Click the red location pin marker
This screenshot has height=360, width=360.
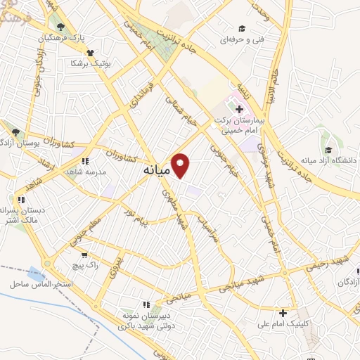[x=182, y=165]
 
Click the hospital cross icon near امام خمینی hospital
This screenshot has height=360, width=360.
[x=238, y=109]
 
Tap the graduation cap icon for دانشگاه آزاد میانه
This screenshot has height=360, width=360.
[x=328, y=149]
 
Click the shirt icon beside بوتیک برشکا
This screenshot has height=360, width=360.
[x=89, y=51]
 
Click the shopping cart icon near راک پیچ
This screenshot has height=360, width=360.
[x=85, y=255]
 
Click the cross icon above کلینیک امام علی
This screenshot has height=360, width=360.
[x=283, y=313]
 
